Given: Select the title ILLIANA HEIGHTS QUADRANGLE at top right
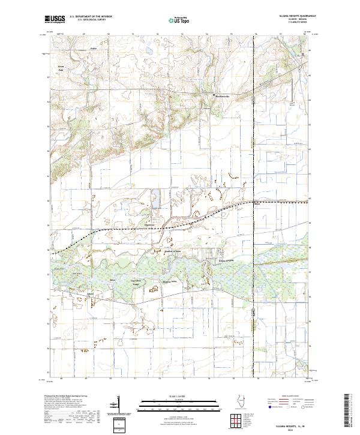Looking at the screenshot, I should click(295, 16).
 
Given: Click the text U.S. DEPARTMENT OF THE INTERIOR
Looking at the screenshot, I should click(91, 17).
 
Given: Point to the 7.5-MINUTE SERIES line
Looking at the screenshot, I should click(295, 25).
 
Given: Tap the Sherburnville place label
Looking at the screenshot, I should click(222, 96).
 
